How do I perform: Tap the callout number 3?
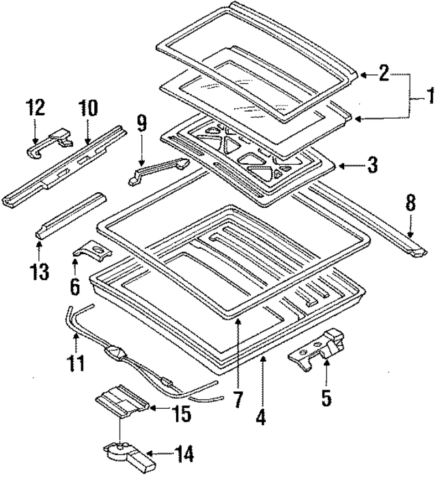[371, 165]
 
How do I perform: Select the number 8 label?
[411, 202]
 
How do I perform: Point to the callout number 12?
[35, 107]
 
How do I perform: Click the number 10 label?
[88, 108]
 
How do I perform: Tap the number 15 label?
[182, 413]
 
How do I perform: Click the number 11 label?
[76, 363]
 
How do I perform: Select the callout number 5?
[326, 398]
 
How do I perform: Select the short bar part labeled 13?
[71, 216]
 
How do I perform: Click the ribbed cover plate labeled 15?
[122, 401]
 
